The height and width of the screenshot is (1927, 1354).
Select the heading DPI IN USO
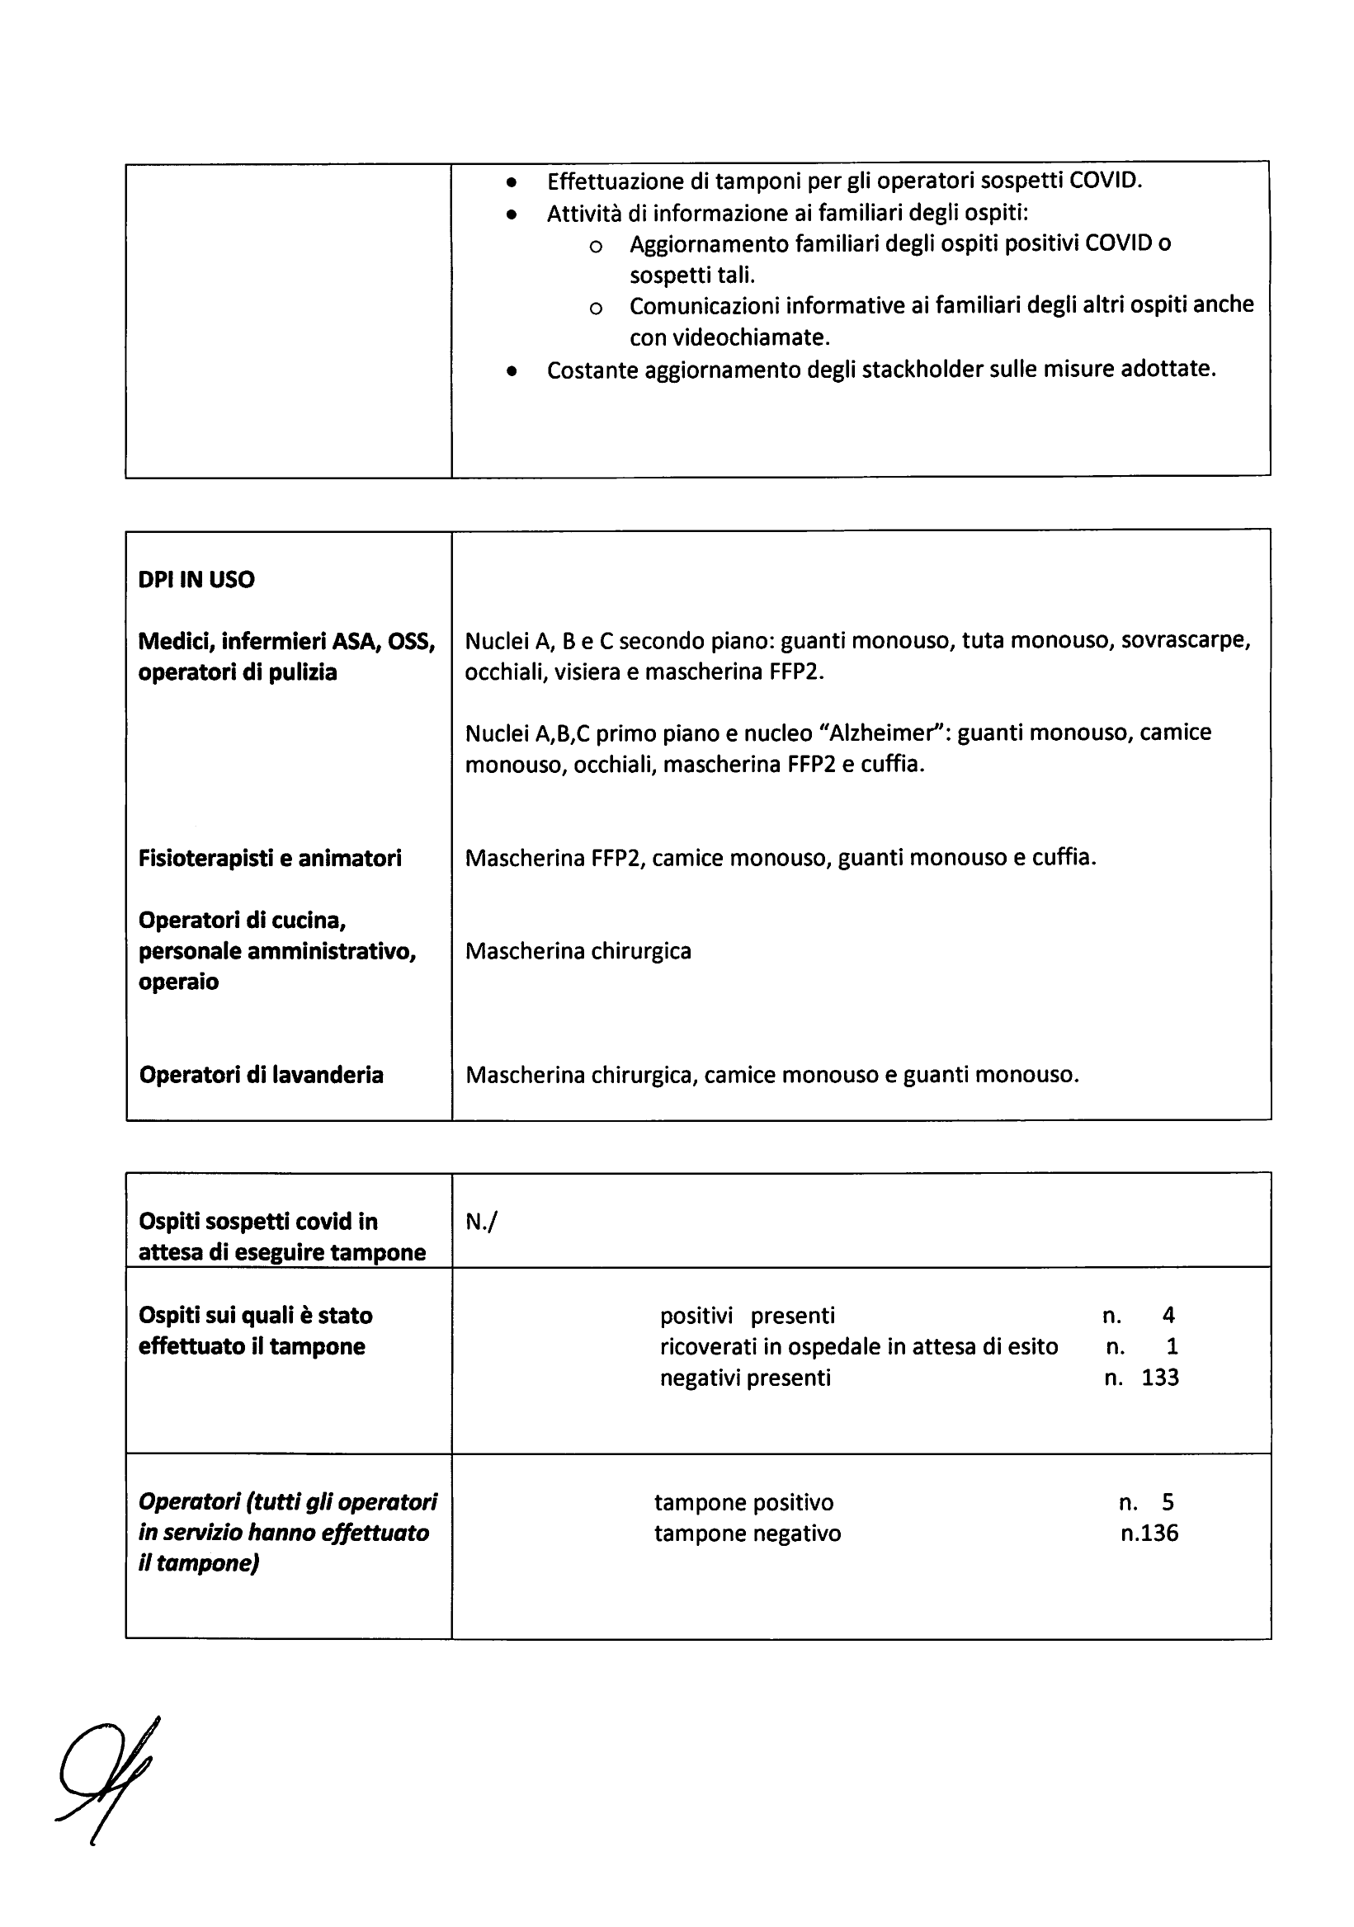[x=196, y=579]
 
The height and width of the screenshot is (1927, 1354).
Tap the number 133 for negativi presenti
[x=1159, y=1378]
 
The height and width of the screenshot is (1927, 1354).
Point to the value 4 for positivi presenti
[x=1168, y=1315]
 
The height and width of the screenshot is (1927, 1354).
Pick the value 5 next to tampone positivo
[x=1167, y=1502]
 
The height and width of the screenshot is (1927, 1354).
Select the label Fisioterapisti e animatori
[x=270, y=858]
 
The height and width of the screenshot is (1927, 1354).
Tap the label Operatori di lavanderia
[x=261, y=1074]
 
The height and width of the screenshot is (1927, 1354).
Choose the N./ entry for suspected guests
[x=481, y=1222]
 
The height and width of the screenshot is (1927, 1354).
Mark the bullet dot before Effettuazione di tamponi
[x=512, y=182]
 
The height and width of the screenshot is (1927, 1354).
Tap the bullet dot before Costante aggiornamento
[x=512, y=371]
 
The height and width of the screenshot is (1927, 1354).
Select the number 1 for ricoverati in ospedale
[x=1172, y=1346]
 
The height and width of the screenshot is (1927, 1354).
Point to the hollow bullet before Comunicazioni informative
[x=595, y=308]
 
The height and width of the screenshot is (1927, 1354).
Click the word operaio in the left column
[x=178, y=982]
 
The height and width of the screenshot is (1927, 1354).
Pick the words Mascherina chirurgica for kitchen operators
[x=578, y=951]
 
